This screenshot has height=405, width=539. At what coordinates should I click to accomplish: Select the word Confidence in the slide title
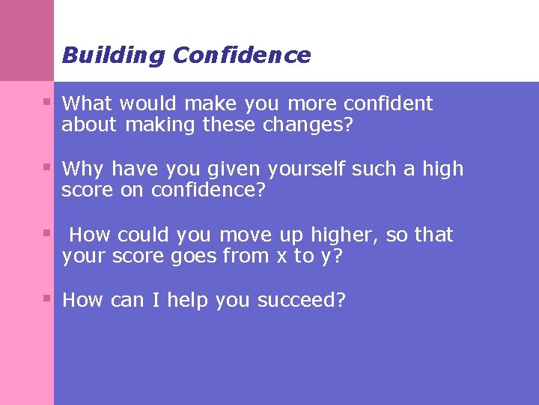coord(241,55)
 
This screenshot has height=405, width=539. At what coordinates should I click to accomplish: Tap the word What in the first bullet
coord(87,103)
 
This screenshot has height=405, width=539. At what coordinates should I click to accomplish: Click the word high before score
coord(443,169)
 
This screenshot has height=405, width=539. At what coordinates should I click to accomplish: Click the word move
coord(246,235)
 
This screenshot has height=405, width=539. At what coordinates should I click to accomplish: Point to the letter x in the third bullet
coord(281,256)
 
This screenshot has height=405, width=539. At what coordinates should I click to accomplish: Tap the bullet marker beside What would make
coord(47,100)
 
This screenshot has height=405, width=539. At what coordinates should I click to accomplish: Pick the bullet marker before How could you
coord(47,232)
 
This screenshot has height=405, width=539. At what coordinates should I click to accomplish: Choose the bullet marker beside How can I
coord(47,298)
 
